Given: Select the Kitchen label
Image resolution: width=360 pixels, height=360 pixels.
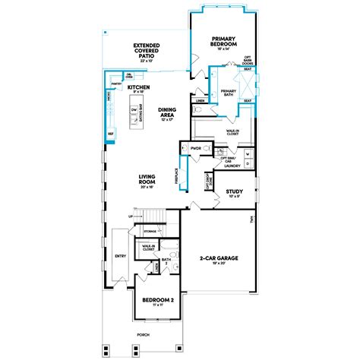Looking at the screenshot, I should tap(138, 88).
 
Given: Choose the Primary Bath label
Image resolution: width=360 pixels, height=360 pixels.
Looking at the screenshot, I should tap(228, 93).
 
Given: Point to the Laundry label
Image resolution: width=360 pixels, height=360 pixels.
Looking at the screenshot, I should tap(233, 166).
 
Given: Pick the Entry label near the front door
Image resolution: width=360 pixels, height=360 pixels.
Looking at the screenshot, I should tap(120, 256).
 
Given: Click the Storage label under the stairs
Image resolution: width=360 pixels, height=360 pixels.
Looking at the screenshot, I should tap(150, 231).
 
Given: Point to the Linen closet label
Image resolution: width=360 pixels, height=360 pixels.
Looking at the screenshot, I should tap(201, 100).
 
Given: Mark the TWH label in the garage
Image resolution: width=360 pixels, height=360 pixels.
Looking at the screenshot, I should tap(250, 220).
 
